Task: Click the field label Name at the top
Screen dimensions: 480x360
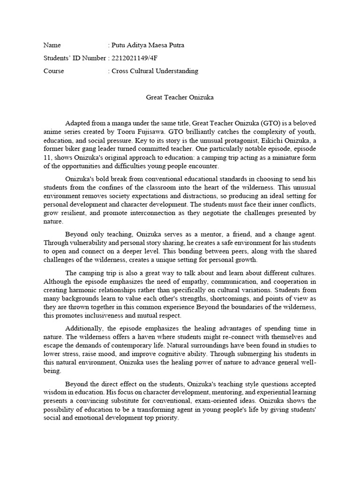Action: [x=52, y=45]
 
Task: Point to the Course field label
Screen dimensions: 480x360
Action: [x=53, y=71]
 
